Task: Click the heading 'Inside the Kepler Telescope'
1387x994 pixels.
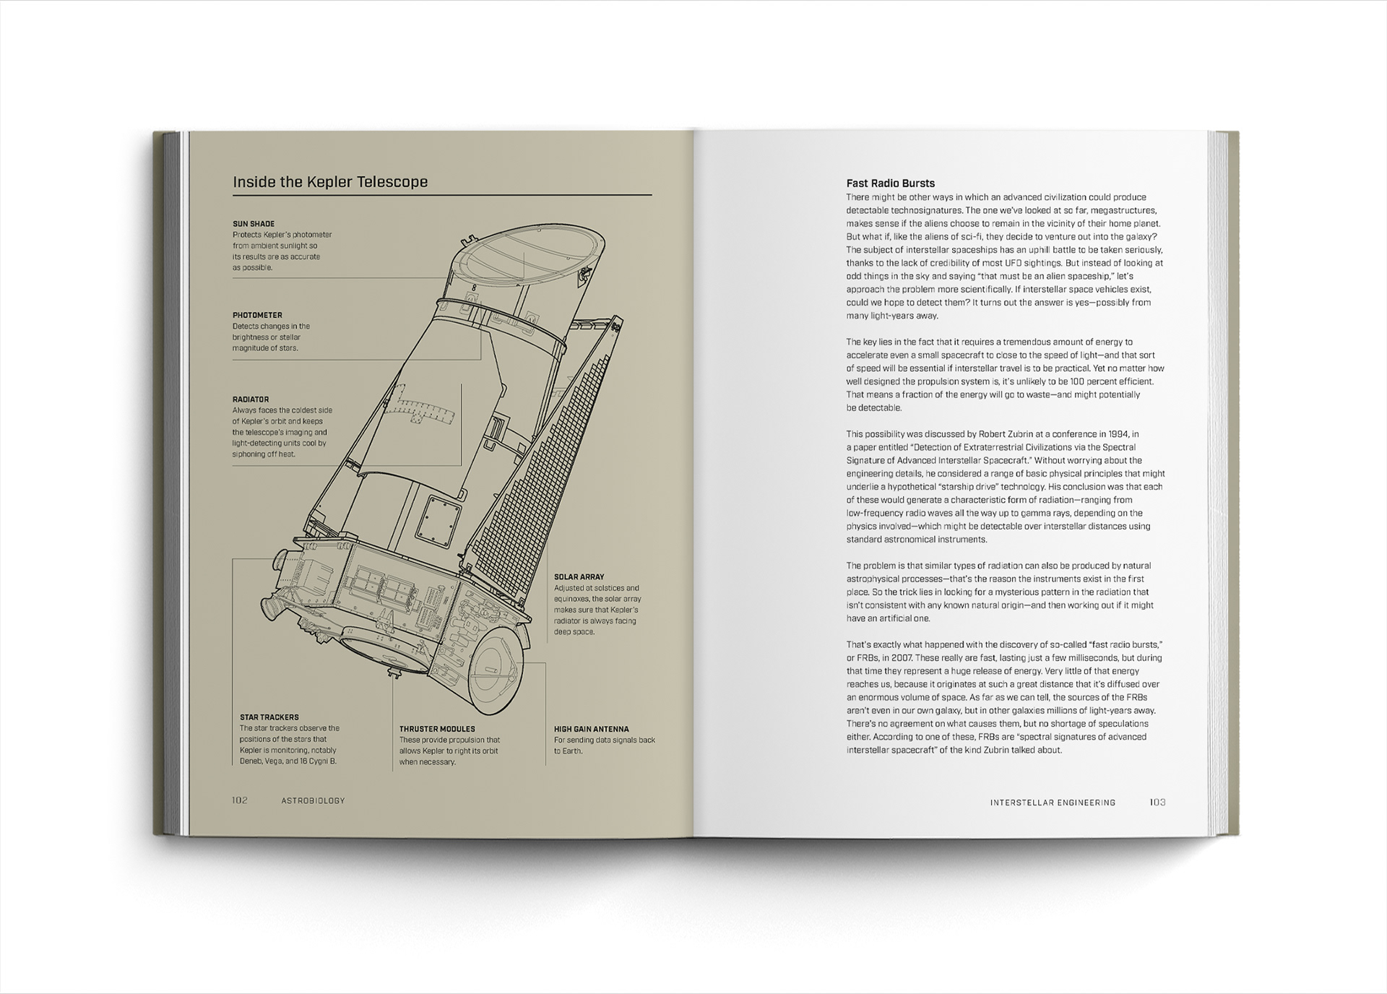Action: pos(330,182)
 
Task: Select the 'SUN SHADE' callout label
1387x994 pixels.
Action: pos(254,224)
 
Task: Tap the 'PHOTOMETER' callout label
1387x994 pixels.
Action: pos(257,315)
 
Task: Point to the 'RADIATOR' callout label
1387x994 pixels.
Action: pos(251,399)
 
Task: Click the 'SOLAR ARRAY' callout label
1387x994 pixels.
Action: pos(579,577)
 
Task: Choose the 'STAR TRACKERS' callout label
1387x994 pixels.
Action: pos(269,717)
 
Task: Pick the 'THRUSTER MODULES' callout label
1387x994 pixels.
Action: pos(437,729)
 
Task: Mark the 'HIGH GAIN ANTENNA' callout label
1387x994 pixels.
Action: pos(592,729)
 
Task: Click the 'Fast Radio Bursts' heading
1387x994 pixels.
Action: pos(891,183)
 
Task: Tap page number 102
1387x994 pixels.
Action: pos(240,800)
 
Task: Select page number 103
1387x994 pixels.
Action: pos(1157,803)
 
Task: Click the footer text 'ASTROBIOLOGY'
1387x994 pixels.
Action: pos(314,800)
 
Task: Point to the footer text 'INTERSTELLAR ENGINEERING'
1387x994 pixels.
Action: pos(1053,803)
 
